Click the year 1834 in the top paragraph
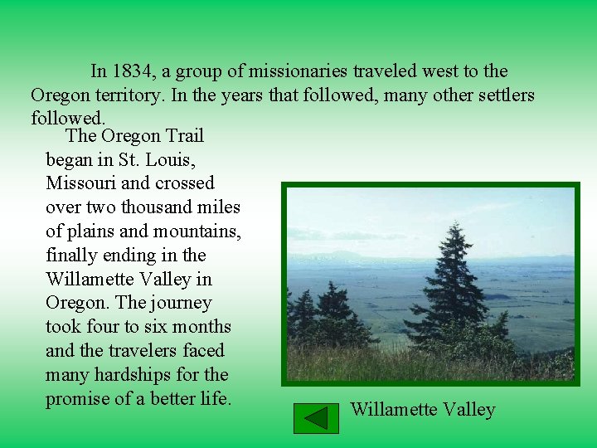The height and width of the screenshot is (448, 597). pos(133,71)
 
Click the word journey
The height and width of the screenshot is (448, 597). pos(182,303)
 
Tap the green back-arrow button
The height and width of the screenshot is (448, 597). pos(316,418)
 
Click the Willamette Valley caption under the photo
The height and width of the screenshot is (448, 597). pos(423,410)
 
